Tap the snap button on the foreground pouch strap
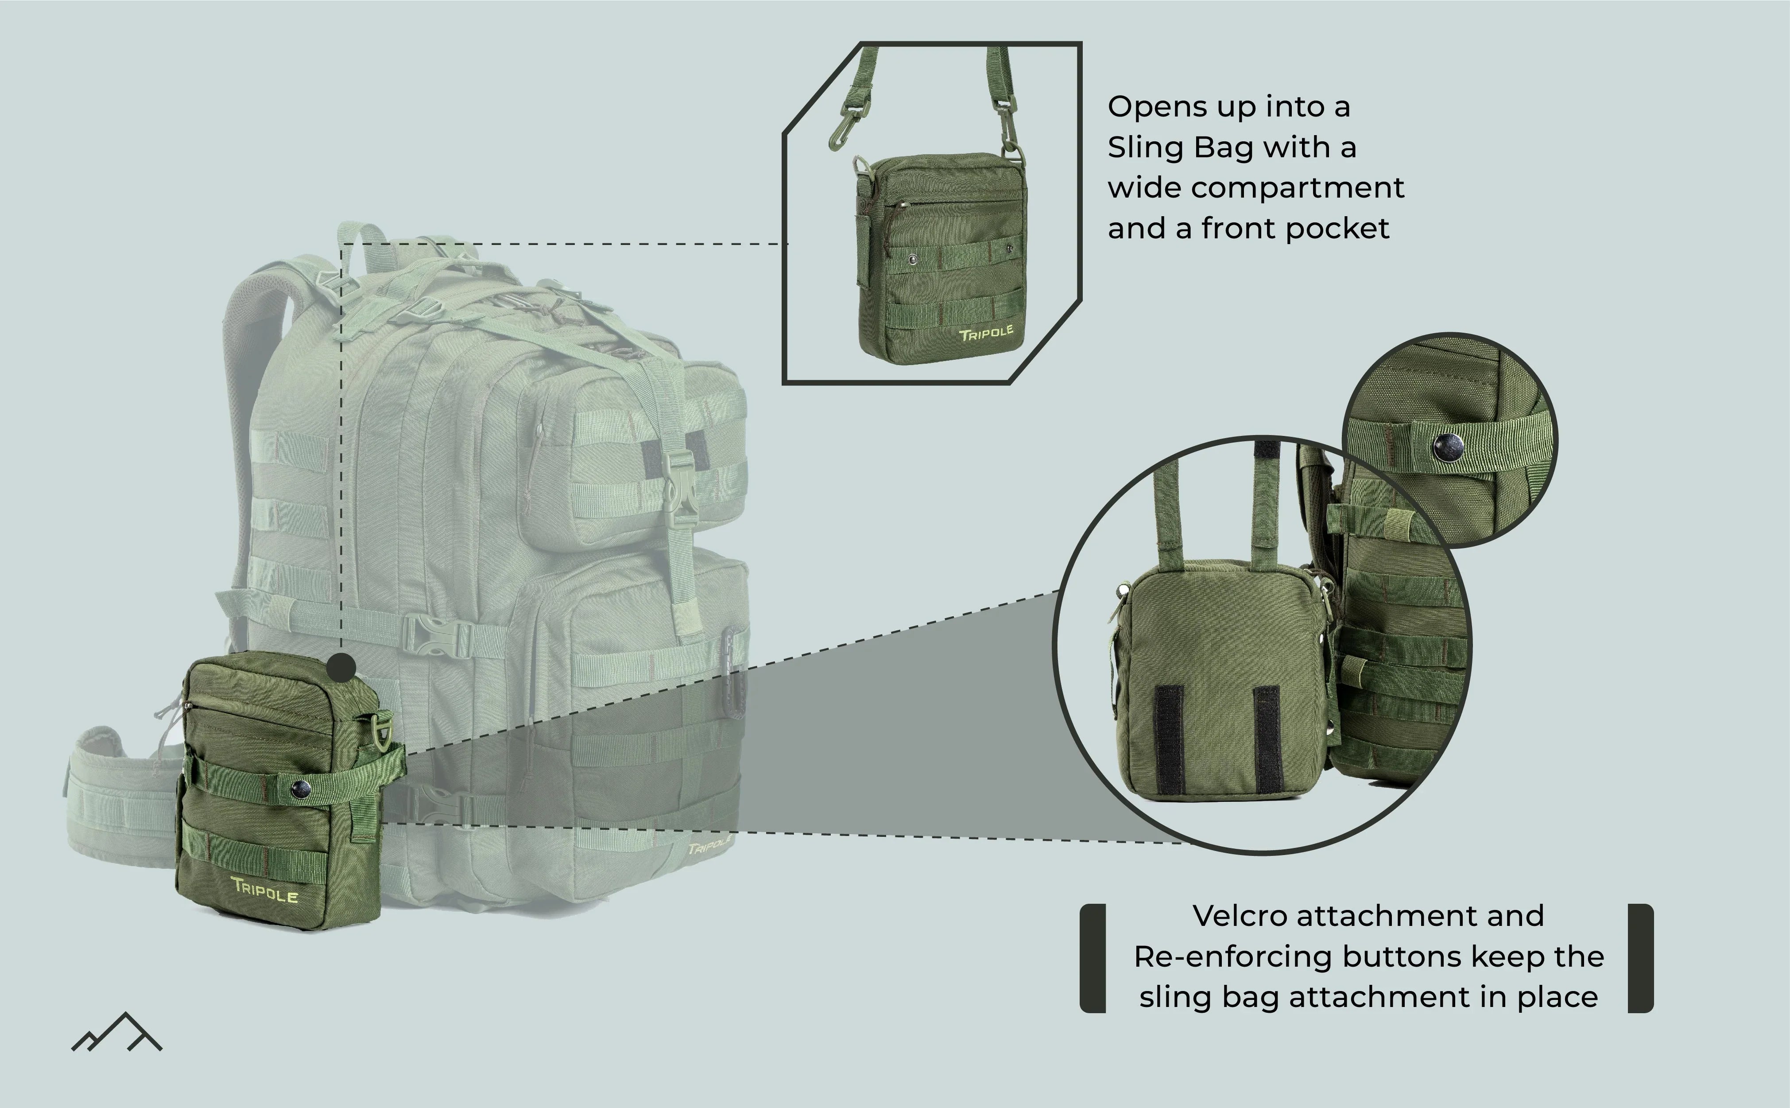coord(300,789)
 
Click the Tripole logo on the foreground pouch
coord(265,890)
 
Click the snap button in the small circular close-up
coord(1447,446)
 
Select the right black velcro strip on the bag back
coord(1267,740)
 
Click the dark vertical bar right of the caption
coord(1641,959)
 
